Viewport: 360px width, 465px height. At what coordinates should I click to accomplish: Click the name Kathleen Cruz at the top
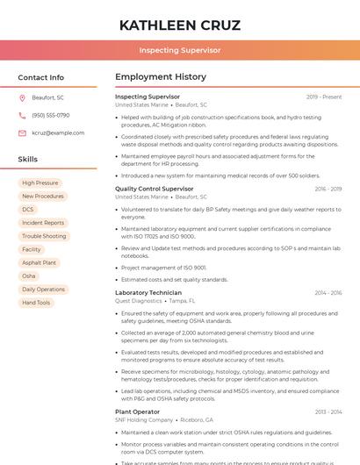coord(179,25)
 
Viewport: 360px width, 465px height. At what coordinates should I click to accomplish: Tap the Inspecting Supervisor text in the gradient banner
coord(179,50)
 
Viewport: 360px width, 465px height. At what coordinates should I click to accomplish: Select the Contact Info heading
coord(40,77)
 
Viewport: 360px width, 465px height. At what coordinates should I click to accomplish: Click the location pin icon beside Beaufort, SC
coord(22,97)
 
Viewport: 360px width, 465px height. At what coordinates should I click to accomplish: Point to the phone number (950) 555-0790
coord(50,115)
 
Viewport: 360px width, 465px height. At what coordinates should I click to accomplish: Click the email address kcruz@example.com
coord(52,132)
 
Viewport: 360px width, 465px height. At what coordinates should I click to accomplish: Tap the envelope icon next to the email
coord(22,132)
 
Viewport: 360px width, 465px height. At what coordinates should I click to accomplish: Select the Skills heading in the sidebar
coord(27,160)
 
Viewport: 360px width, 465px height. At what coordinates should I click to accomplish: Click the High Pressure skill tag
coord(40,183)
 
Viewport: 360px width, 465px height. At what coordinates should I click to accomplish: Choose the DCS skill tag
coord(28,210)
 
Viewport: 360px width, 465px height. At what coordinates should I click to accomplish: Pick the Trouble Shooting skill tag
coord(44,236)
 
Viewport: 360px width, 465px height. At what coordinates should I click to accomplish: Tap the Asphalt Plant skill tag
coord(39,262)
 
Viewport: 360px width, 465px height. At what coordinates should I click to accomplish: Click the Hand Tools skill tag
coord(36,303)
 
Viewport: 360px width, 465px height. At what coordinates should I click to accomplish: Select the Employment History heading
coord(161,77)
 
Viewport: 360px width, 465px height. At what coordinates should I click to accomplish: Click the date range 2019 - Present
coord(324,97)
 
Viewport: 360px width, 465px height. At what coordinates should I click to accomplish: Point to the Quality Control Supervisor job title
coord(154,189)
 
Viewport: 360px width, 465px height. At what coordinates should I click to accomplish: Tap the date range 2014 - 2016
coord(328,292)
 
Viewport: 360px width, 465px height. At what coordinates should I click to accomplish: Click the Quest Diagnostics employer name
coord(138,300)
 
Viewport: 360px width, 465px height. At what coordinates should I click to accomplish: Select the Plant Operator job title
coord(137,411)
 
